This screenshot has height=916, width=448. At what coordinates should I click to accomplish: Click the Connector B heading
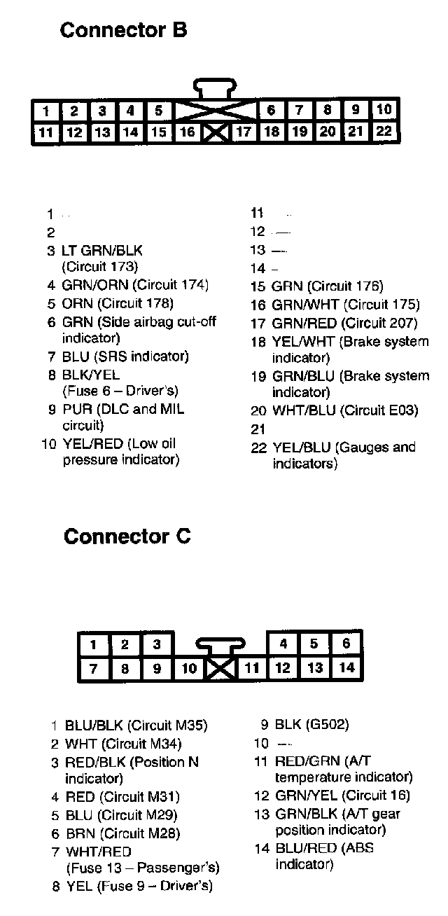coord(123,30)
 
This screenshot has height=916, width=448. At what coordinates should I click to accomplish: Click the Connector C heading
coord(127,536)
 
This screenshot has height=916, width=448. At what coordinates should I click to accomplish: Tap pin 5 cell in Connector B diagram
coord(159,111)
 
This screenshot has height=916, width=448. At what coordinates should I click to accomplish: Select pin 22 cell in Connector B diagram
coord(384,132)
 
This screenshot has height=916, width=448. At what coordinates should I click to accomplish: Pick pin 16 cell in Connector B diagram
coord(188,132)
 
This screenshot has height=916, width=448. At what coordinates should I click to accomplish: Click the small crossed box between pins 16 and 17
coord(216,132)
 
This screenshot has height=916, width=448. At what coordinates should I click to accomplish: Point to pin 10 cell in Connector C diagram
coord(189,669)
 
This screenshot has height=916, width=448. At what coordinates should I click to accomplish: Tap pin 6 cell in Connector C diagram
coord(346,644)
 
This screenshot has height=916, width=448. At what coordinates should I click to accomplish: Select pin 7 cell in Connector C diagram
coord(94,669)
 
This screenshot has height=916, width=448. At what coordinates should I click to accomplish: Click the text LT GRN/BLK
coord(102,250)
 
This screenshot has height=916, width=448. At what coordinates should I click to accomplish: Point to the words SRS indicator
coord(141,356)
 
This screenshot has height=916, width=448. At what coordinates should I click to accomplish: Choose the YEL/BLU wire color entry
coord(301,447)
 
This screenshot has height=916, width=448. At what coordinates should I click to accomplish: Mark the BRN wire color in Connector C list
coord(80,833)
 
